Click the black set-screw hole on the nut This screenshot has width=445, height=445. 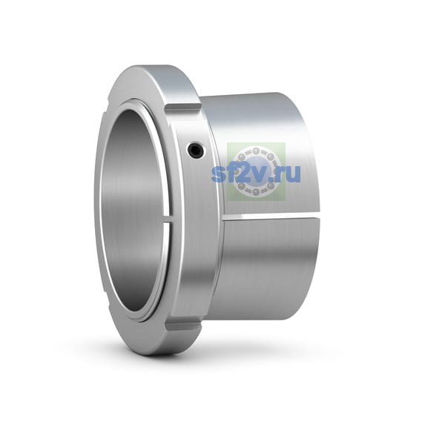196,150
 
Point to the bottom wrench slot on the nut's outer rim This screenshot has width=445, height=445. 184,327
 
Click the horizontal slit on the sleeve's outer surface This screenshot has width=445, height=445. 272,217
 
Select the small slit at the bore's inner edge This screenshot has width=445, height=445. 168,220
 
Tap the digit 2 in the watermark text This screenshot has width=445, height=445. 243,172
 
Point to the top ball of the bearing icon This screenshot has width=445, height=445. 257,150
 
